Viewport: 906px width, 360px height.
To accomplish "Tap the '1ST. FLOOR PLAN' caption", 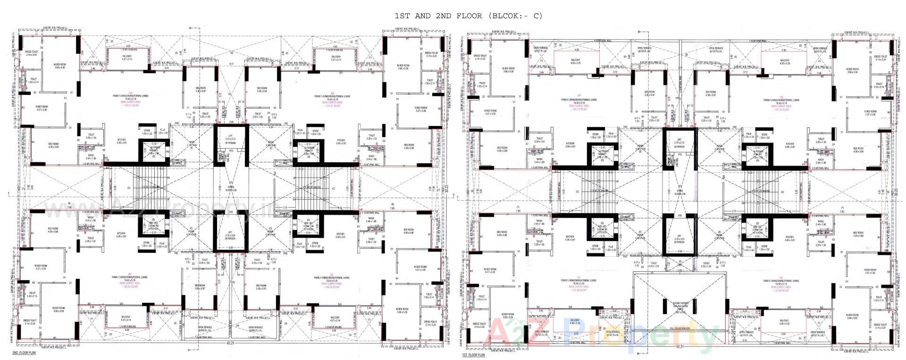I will [473, 355].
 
